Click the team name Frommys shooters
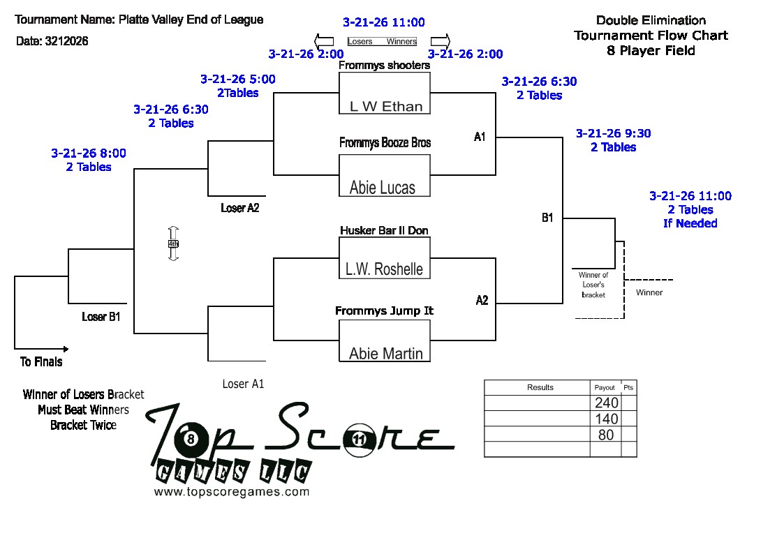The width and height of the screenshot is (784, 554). pyautogui.click(x=384, y=66)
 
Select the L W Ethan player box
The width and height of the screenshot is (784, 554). pyautogui.click(x=385, y=93)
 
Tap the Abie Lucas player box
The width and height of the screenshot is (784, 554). pyautogui.click(x=385, y=175)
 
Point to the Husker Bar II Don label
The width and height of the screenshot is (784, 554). pyautogui.click(x=384, y=230)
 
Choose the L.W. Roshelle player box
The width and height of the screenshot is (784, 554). pyautogui.click(x=385, y=257)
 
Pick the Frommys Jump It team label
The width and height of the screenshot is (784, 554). pyautogui.click(x=384, y=310)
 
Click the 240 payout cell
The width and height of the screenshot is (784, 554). pyautogui.click(x=606, y=403)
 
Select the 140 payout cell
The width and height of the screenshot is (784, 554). pyautogui.click(x=606, y=419)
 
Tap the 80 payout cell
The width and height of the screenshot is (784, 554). pyautogui.click(x=606, y=434)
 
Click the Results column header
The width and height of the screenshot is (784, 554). pyautogui.click(x=540, y=387)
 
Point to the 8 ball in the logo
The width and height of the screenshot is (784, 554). pyautogui.click(x=191, y=439)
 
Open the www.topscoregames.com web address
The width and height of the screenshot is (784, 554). pyautogui.click(x=231, y=491)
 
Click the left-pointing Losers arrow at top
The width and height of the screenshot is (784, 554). pyautogui.click(x=324, y=40)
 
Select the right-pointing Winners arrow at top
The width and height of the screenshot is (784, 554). pyautogui.click(x=440, y=40)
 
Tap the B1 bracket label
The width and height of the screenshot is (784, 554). pyautogui.click(x=547, y=218)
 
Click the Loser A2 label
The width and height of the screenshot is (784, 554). pyautogui.click(x=239, y=208)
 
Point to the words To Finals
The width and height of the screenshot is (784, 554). pyautogui.click(x=41, y=361)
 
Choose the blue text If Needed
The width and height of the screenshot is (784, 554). pyautogui.click(x=690, y=223)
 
